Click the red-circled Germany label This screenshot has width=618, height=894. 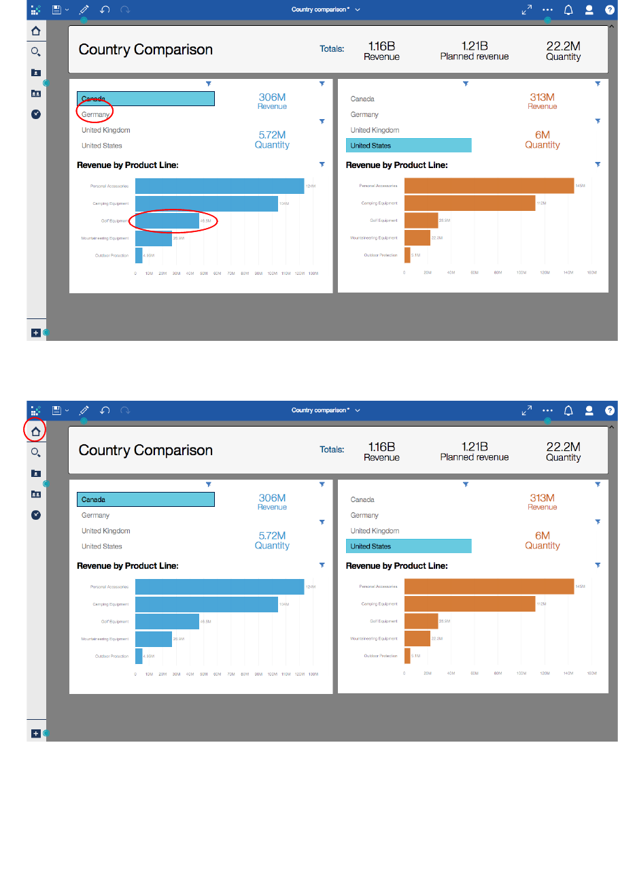95,114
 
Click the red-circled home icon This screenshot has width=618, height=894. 35,431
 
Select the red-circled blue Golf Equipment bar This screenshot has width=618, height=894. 167,221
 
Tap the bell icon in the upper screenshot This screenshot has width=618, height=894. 568,10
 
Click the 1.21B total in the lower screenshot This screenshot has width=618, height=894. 474,447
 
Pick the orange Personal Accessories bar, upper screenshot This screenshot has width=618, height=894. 489,186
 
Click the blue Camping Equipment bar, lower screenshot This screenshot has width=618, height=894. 206,604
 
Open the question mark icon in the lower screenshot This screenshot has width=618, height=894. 609,411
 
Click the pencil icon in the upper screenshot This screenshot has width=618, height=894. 84,10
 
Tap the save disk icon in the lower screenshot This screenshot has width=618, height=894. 57,411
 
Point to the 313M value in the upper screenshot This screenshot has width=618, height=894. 542,97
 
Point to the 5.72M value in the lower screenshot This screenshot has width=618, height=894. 272,535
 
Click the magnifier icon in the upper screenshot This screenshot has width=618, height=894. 35,52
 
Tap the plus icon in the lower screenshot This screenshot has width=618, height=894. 35,733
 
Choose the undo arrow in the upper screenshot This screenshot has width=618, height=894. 105,10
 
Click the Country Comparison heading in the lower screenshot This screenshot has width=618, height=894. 145,450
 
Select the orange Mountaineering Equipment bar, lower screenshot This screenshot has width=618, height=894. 417,638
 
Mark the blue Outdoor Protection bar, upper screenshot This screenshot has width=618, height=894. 139,255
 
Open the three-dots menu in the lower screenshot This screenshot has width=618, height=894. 547,411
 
